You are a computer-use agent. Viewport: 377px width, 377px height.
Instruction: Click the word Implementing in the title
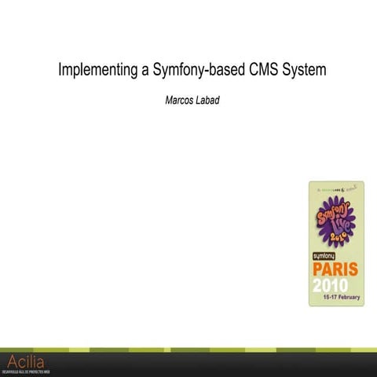click(x=99, y=71)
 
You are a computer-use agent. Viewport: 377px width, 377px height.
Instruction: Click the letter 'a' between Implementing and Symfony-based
click(x=146, y=72)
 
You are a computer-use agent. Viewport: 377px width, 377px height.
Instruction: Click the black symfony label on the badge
click(x=329, y=256)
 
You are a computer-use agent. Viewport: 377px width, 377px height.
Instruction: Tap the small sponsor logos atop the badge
click(x=335, y=189)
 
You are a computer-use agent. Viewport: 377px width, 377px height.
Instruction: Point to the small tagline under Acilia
click(x=27, y=371)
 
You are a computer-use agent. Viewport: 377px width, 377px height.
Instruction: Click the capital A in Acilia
click(x=11, y=361)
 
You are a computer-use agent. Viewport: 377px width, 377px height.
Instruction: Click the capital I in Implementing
click(x=61, y=71)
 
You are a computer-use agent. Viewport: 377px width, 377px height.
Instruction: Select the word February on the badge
click(x=345, y=299)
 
